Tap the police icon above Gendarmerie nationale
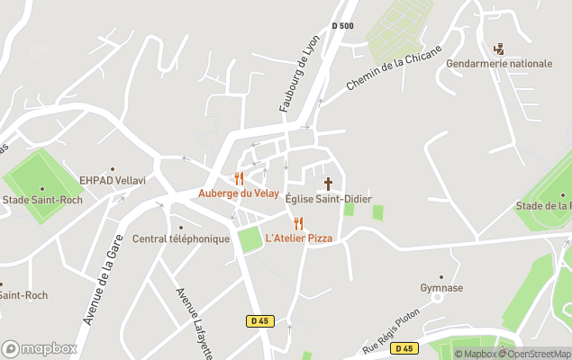[x=500, y=49]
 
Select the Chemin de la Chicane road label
[x=394, y=68]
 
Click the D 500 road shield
[x=341, y=26]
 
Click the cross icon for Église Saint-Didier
[x=328, y=183]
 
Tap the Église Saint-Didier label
[x=328, y=199]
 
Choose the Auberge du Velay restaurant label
[x=239, y=193]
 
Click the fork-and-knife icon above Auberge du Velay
[x=239, y=178]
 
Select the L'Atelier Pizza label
[x=298, y=238]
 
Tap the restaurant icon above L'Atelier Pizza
[x=298, y=223]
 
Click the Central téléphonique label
[x=181, y=238]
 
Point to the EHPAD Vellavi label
[x=113, y=180]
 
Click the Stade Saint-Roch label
[x=42, y=200]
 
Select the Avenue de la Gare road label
[x=102, y=285]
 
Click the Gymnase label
[x=441, y=288]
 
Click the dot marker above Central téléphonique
[x=181, y=227]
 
